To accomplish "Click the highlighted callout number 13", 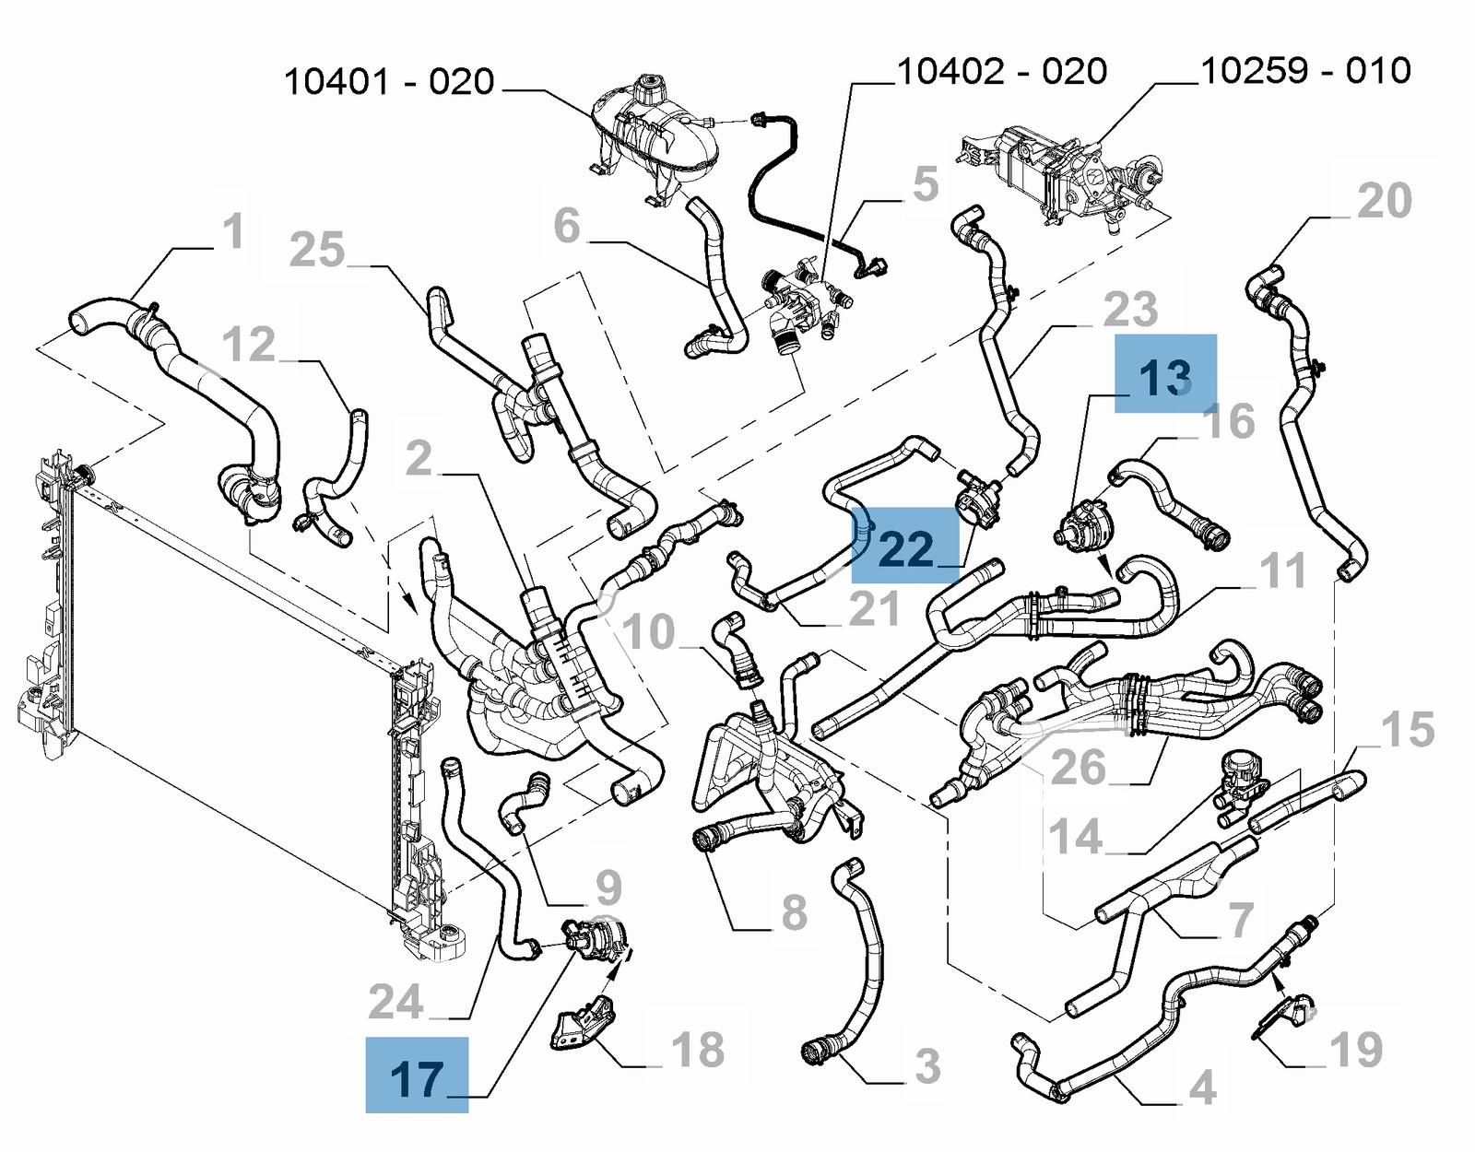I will pos(1165,376).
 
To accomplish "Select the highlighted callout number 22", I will pos(906,548).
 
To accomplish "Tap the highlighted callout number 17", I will pos(417,1077).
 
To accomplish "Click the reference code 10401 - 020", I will pos(389,82).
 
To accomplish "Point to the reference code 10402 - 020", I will pos(1001,71).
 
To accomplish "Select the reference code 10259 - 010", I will pos(1305,70).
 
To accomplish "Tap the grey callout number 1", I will pos(233,230).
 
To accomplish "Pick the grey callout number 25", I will pos(316,250).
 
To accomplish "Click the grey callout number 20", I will pos(1384,201).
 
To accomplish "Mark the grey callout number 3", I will pos(927,1066).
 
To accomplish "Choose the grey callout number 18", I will pos(697,1050).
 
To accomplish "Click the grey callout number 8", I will pos(793,912).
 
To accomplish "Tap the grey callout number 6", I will pos(567,226).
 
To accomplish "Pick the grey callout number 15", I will pos(1408,729).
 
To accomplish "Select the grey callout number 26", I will pos(1078,767).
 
